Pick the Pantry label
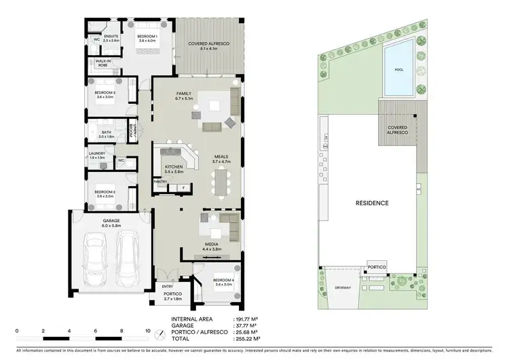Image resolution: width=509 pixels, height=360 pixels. click(x=160, y=181)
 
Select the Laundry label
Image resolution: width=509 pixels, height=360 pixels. click(x=97, y=155)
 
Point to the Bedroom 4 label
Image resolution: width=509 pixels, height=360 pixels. click(x=223, y=281)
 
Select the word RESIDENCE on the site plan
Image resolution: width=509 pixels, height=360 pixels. click(x=372, y=202)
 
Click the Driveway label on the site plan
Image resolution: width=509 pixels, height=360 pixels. click(x=343, y=288)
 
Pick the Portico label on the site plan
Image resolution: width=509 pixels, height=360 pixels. click(x=377, y=268)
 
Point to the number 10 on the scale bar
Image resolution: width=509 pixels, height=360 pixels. click(x=147, y=331)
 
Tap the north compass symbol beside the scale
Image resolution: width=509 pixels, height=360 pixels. click(x=159, y=334)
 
